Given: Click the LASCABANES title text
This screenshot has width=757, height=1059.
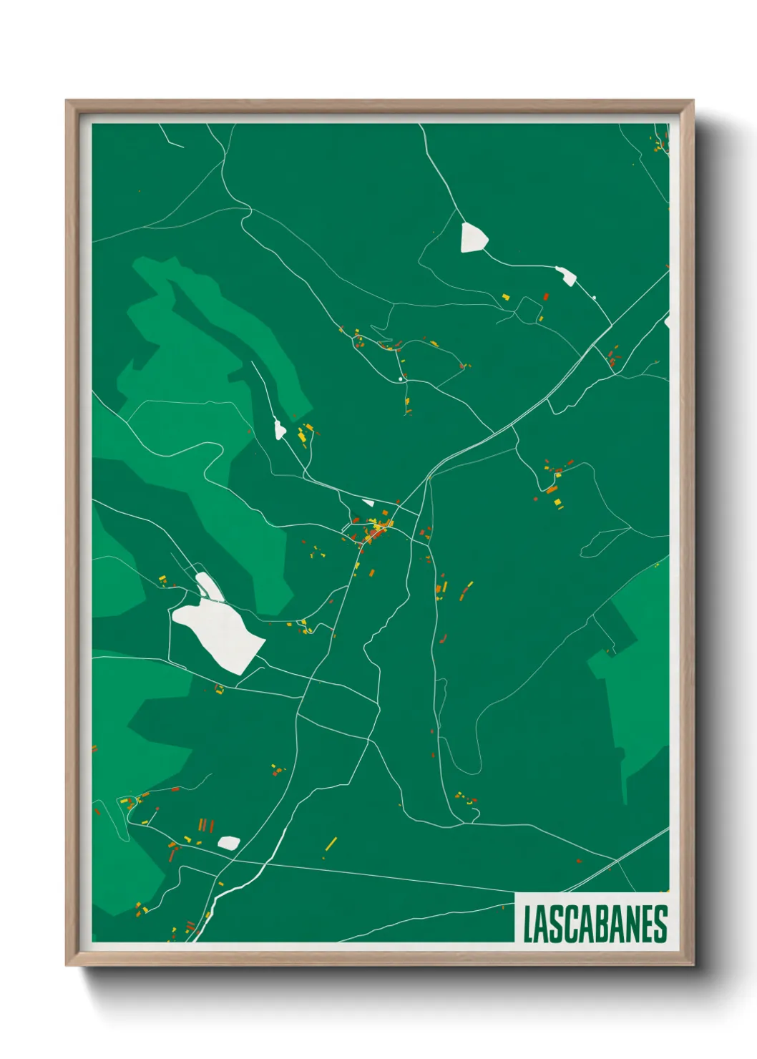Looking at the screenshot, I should (x=595, y=924).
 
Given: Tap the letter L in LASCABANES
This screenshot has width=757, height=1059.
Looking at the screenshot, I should (x=528, y=924).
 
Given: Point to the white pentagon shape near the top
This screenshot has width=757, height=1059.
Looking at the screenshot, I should (x=473, y=238).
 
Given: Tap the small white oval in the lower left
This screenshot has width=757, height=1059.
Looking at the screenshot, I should (x=228, y=843).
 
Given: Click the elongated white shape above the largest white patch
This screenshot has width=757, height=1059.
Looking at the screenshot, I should (x=207, y=585).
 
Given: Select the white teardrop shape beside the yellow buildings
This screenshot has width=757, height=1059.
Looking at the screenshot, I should (x=279, y=429).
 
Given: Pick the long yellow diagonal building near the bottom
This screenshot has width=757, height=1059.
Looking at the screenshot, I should (x=331, y=844).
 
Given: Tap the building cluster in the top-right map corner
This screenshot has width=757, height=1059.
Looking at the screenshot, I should (x=658, y=143).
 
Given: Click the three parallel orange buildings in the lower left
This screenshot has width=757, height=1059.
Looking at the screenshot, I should (x=203, y=825).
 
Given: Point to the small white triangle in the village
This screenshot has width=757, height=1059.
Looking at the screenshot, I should (x=368, y=502).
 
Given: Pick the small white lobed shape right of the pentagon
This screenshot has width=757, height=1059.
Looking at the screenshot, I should (x=566, y=275).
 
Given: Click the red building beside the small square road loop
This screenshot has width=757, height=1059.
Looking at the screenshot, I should (x=546, y=296).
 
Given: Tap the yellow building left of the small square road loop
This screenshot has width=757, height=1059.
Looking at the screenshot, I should (x=505, y=296).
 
